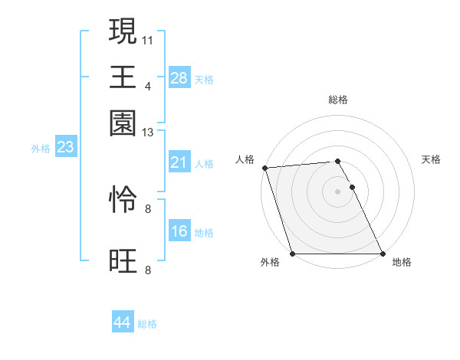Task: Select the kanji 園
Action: click(123, 123)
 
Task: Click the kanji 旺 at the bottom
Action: click(123, 261)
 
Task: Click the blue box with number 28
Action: click(179, 78)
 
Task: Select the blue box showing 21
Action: click(179, 162)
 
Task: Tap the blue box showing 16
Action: click(179, 231)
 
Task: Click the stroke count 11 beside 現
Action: click(148, 38)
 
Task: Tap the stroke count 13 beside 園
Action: click(148, 133)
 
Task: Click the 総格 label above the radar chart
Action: click(338, 100)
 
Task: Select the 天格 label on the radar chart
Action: click(432, 159)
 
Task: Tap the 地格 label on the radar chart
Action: click(402, 263)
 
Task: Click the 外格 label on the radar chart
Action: click(270, 263)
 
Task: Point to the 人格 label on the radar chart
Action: click(245, 159)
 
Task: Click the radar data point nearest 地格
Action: click(383, 254)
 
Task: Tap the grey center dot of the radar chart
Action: click(338, 191)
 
